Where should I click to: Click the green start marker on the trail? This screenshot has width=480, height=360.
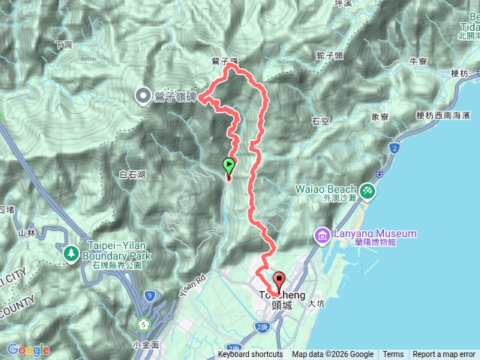point(229,166)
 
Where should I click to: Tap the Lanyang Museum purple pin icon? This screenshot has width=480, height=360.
point(322,235)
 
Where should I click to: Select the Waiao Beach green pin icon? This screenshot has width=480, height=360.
point(367,190)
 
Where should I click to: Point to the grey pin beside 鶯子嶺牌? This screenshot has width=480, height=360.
point(142,95)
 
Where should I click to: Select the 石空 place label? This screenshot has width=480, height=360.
point(320,120)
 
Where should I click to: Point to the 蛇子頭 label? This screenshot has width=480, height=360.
point(329,55)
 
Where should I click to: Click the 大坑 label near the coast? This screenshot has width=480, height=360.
point(315,304)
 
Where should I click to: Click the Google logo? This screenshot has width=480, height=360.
point(28,350)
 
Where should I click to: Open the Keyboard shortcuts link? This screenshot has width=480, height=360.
point(250,355)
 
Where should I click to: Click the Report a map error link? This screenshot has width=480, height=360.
point(444,355)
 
